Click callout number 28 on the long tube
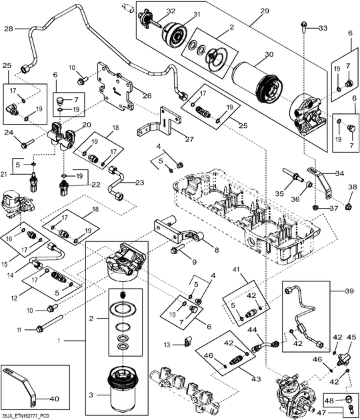[x=8, y=29]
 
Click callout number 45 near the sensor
[x=352, y=337]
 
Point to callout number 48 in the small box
[x=329, y=400]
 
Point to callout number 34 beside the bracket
[x=340, y=173]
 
